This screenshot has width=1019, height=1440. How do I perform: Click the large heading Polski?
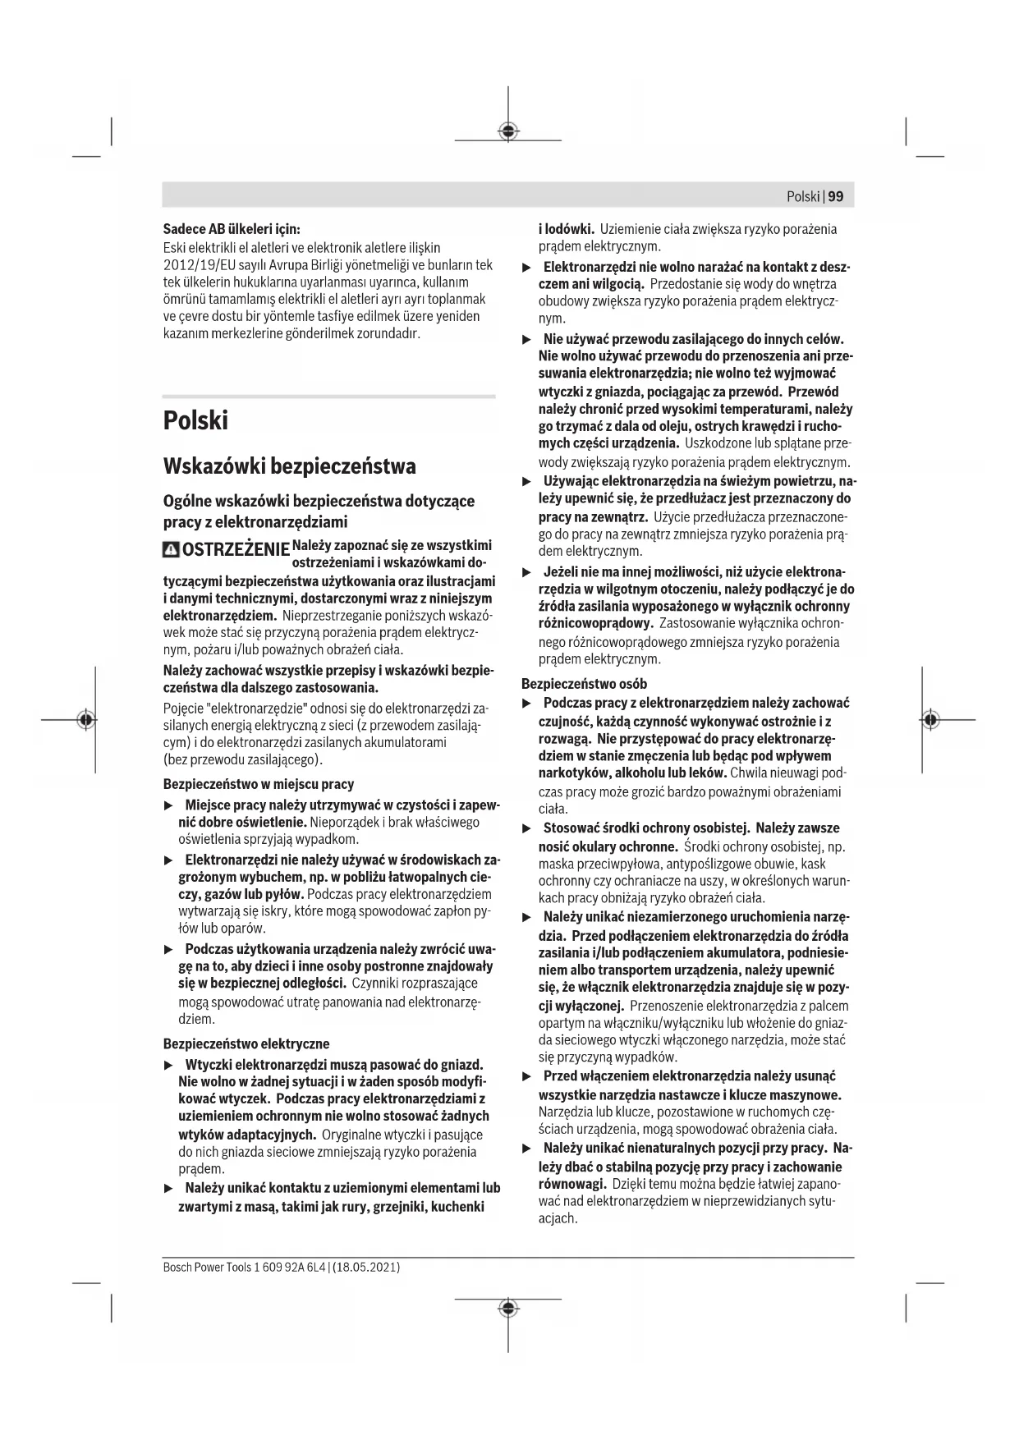[x=195, y=420]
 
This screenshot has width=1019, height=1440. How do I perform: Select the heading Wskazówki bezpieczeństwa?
[x=289, y=466]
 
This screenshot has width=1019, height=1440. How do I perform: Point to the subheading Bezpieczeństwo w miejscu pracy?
[x=259, y=784]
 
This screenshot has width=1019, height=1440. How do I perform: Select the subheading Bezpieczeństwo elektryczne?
[x=246, y=1043]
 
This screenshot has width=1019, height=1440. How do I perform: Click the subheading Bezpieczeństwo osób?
[x=584, y=683]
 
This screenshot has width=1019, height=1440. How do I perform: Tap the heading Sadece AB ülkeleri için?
[x=232, y=229]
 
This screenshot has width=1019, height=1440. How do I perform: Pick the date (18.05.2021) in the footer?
[x=366, y=1268]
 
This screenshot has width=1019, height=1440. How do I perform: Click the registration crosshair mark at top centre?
[x=508, y=131]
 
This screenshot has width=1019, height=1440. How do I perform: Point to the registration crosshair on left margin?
[x=85, y=720]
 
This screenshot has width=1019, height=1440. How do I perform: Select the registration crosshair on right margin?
[x=929, y=720]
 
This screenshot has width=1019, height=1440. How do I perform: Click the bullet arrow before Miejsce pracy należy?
[x=168, y=805]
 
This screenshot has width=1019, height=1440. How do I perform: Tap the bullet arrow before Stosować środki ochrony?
[x=527, y=828]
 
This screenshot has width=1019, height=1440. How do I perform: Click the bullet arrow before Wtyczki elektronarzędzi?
[x=168, y=1065]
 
